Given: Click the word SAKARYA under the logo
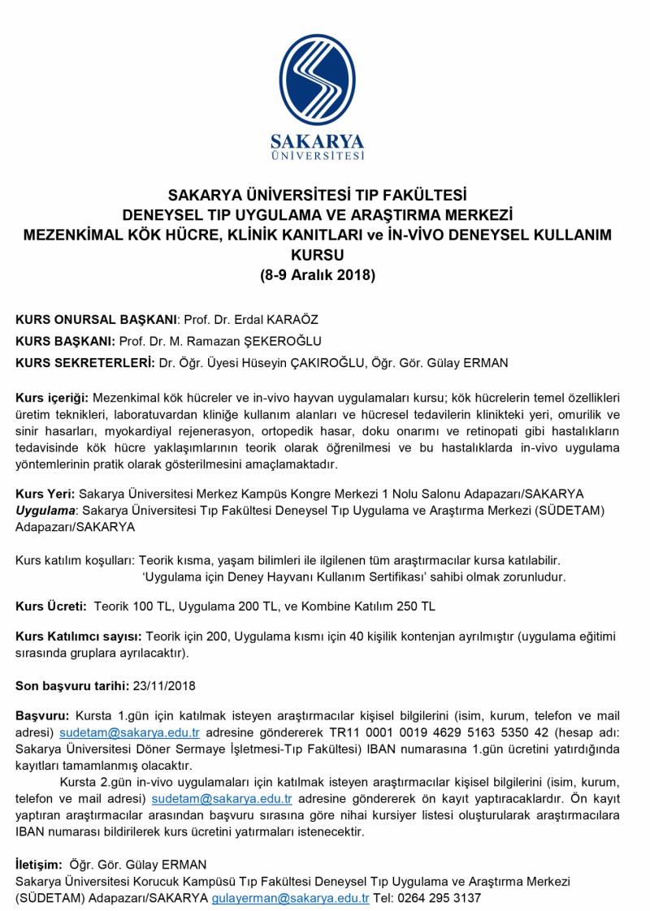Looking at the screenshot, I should (317, 139).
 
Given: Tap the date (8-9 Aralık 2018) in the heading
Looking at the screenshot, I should (317, 275).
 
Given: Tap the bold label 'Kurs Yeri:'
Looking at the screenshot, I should (45, 494).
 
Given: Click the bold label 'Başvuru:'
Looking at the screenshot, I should (43, 717).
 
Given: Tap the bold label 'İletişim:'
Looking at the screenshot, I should (39, 864).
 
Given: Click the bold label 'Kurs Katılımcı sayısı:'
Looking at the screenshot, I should (79, 637).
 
